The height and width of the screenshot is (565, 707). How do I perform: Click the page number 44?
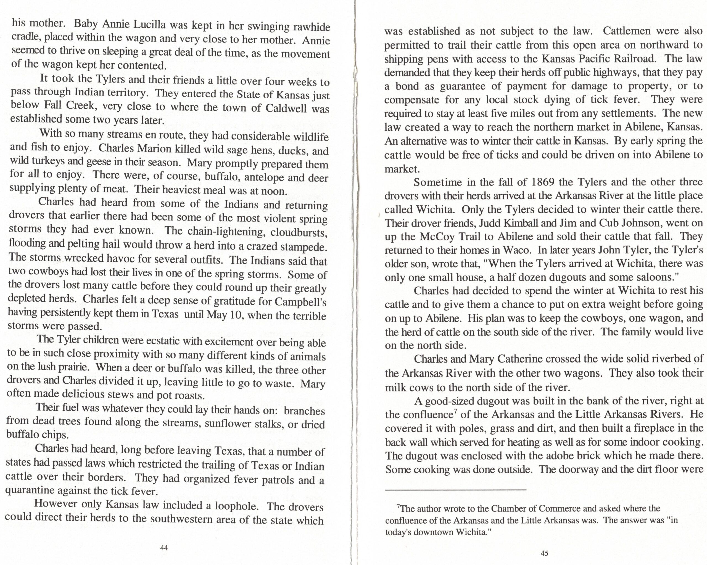[164, 548]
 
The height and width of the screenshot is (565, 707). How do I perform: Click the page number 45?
[544, 553]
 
